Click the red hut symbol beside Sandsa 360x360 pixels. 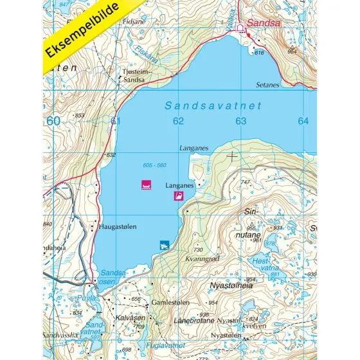(x=241, y=28)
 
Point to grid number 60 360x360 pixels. (x=53, y=121)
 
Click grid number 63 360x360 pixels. (x=240, y=121)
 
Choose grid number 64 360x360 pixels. (x=303, y=121)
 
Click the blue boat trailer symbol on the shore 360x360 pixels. (x=164, y=245)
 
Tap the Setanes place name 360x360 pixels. (x=267, y=84)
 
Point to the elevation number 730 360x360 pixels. (x=198, y=249)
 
